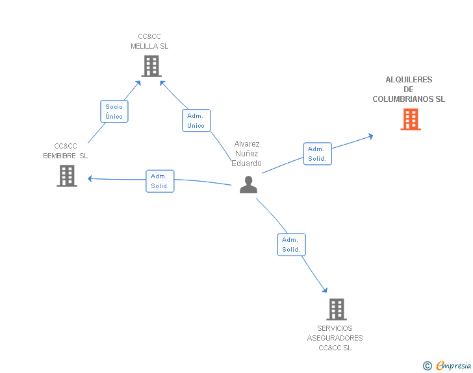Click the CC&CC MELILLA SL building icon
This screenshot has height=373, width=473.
(151, 66)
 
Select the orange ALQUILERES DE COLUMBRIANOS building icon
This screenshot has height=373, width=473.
(410, 119)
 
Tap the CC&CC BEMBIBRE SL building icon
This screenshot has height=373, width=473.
(67, 176)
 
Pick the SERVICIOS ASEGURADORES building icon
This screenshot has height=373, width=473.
(336, 309)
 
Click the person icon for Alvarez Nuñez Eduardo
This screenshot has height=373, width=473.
(248, 185)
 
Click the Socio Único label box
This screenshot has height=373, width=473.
(114, 112)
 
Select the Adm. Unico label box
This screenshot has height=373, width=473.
(196, 121)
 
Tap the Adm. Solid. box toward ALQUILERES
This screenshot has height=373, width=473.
(317, 154)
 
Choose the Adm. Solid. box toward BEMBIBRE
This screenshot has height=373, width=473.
(160, 181)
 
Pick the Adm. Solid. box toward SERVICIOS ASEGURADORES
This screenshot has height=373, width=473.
(291, 245)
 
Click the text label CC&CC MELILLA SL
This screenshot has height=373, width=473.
(149, 42)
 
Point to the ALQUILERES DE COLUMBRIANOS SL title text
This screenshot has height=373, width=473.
(409, 90)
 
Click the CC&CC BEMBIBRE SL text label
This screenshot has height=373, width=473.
(66, 150)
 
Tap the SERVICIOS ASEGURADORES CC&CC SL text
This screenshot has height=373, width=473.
(335, 338)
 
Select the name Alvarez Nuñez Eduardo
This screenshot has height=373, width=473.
(247, 154)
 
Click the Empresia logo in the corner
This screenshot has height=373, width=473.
(454, 365)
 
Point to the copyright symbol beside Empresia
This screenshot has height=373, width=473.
(428, 366)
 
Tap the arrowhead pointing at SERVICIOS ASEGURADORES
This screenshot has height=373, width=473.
(325, 291)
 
